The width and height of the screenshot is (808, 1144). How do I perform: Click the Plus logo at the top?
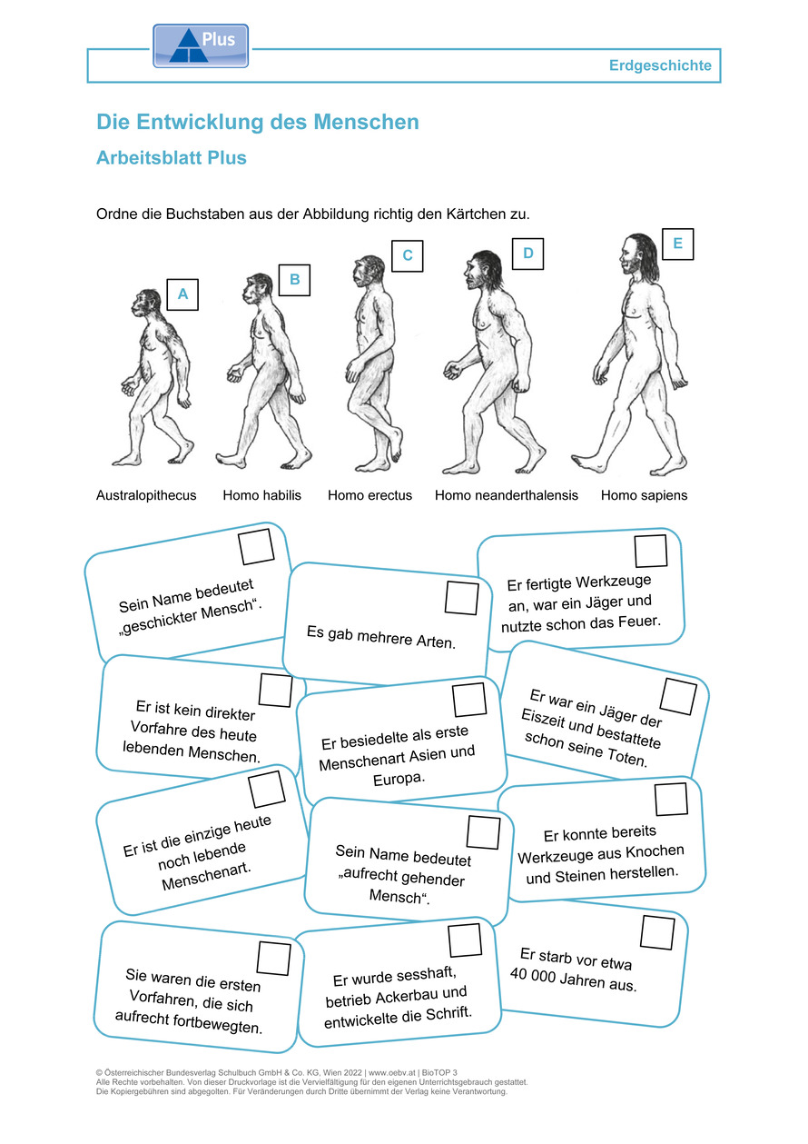(201, 46)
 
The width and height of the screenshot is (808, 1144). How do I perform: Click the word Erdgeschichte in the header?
(660, 65)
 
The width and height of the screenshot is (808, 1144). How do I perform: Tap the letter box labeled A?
(182, 294)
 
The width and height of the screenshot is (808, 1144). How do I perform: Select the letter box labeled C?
(408, 255)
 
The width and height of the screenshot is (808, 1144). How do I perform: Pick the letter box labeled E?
(677, 244)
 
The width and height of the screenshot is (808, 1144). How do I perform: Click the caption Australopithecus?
(146, 495)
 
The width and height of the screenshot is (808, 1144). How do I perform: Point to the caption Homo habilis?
(261, 495)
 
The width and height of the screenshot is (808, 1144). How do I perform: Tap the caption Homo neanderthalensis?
(507, 495)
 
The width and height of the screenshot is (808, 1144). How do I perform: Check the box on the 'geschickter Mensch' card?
(256, 546)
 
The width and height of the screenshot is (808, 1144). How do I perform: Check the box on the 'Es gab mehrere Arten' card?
(461, 597)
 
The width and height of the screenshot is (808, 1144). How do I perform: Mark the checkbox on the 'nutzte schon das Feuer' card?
(651, 551)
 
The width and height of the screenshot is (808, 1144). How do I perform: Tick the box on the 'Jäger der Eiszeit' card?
(678, 696)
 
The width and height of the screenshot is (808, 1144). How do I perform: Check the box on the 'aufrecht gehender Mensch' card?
(483, 832)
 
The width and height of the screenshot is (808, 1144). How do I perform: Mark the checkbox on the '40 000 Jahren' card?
(657, 932)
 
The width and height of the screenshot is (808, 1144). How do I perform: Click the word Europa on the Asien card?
(399, 780)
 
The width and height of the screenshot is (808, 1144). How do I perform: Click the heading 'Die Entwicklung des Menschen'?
(258, 122)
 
